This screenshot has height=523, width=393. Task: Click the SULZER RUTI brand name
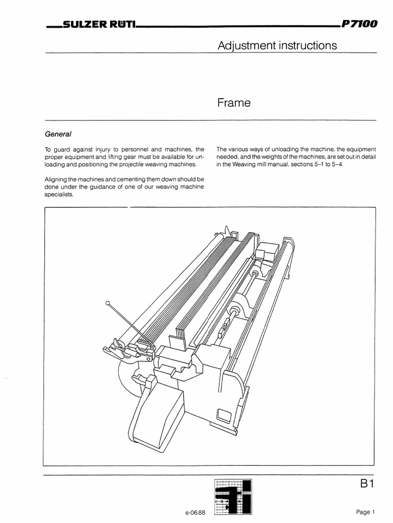tap(97, 25)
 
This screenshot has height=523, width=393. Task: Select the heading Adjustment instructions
tap(277, 45)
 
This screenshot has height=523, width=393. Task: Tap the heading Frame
tap(234, 103)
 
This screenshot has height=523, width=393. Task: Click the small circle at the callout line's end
tap(107, 303)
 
